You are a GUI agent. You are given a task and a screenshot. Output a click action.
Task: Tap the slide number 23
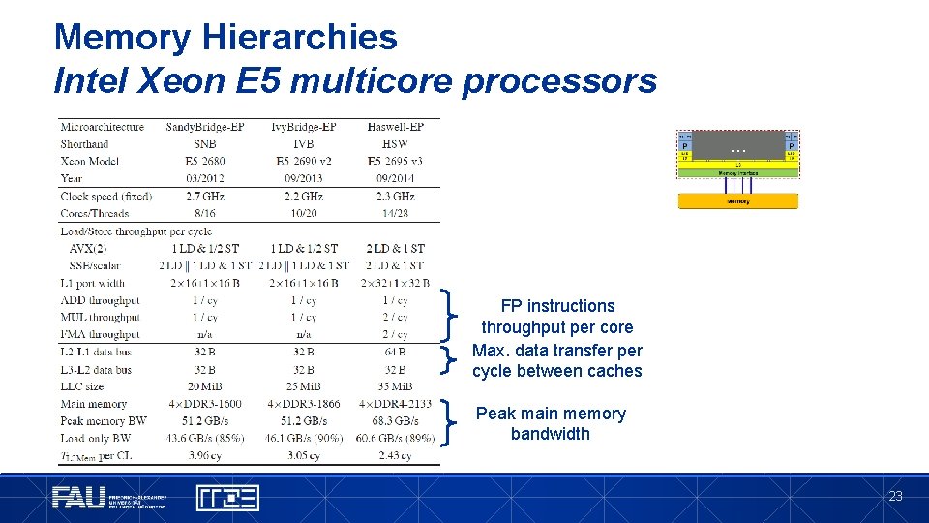coord(895,496)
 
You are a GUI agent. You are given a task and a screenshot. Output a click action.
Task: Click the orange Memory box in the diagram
coord(737,201)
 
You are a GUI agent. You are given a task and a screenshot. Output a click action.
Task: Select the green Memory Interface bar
coord(737,173)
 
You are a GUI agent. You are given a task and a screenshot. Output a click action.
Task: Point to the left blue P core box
coord(684,146)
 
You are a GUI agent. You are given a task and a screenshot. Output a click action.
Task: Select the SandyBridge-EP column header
coord(204,127)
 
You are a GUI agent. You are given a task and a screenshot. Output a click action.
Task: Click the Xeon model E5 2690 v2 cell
coord(303,161)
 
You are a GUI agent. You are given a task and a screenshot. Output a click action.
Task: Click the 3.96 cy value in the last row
coord(204,456)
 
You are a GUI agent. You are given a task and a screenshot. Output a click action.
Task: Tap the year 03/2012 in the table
coord(204,178)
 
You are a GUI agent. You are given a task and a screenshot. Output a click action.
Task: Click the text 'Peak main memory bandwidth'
coord(551,423)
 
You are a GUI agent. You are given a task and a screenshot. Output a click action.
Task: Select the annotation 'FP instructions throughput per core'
coord(556,317)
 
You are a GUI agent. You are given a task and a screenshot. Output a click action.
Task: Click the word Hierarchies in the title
coord(299,37)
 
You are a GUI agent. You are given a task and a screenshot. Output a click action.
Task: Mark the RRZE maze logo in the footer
coord(227,498)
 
